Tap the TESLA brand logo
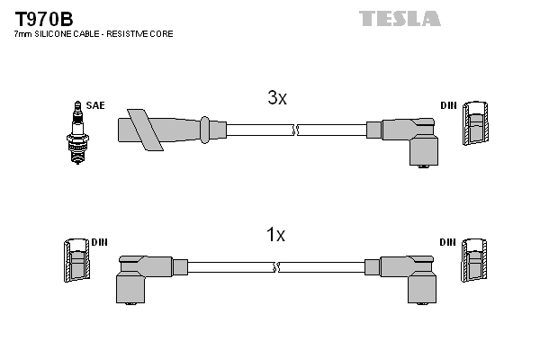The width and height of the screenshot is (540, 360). [400, 18]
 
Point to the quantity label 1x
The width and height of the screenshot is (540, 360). [275, 236]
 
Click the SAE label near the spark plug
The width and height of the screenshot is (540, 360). [95, 105]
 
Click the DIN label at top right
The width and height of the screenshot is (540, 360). [448, 105]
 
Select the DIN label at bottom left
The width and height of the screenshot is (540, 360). [99, 242]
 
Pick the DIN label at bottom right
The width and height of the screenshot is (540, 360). [448, 242]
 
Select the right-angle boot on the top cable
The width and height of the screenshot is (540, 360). [409, 139]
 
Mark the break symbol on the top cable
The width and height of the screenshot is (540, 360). [294, 130]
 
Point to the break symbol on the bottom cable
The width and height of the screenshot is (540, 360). [276, 267]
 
